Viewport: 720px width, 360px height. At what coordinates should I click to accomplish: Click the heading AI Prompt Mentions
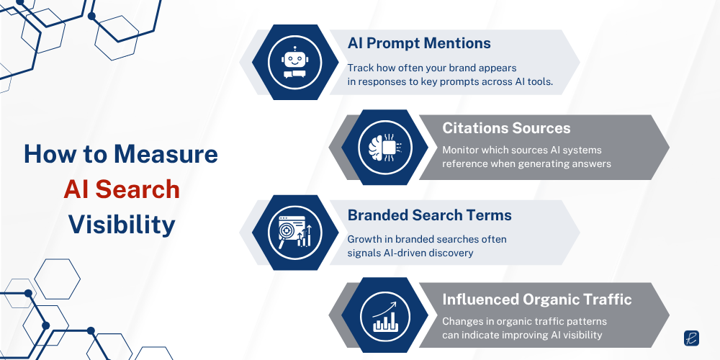click(419, 43)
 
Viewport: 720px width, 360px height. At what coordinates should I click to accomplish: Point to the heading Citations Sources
click(506, 128)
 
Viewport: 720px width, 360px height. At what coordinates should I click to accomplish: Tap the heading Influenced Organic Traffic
click(537, 300)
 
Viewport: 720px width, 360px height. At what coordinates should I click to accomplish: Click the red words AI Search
click(121, 189)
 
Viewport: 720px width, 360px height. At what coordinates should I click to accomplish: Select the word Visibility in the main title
click(122, 225)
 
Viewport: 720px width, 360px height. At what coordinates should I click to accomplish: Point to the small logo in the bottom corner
click(691, 338)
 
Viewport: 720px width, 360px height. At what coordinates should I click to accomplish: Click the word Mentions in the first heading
click(458, 43)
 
